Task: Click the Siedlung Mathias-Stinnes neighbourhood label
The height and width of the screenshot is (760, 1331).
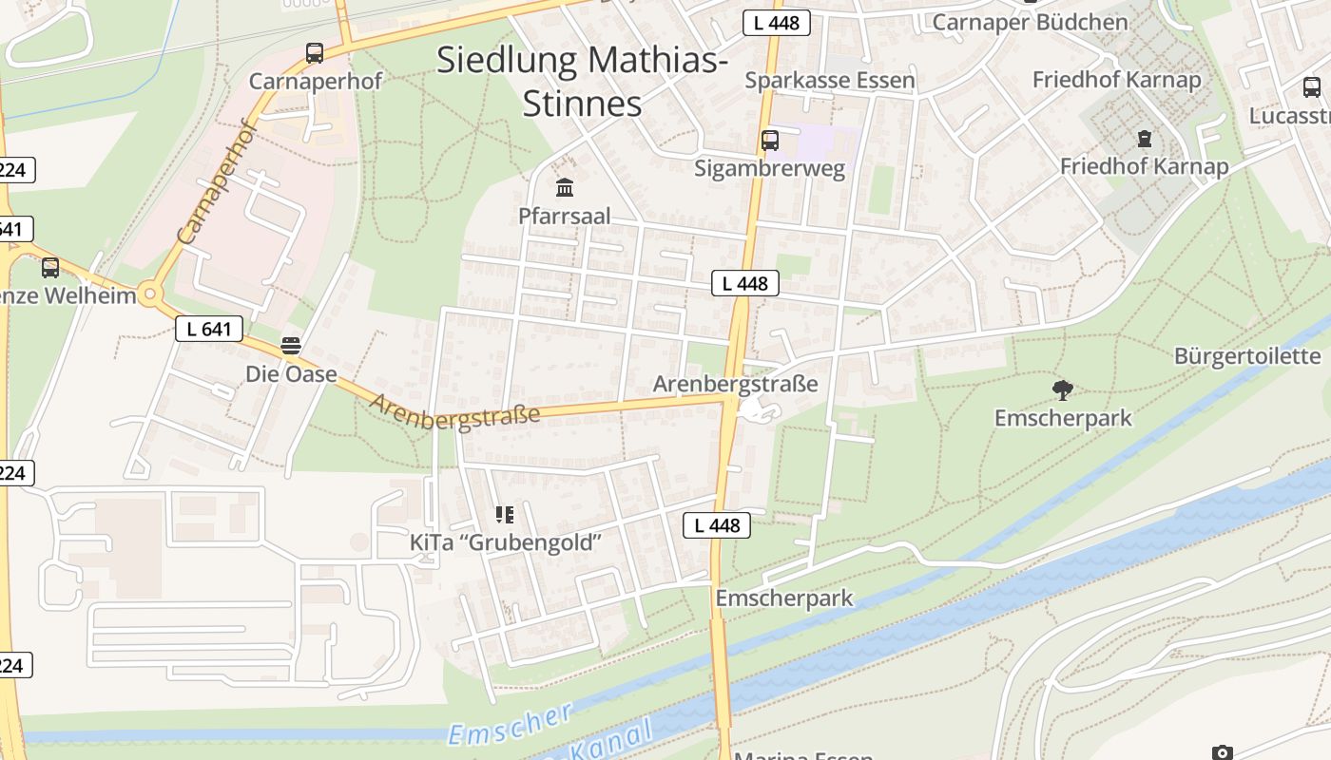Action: tap(582, 81)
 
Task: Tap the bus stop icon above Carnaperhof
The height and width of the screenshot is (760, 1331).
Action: tap(315, 53)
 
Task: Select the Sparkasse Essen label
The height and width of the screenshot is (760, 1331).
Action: tap(830, 80)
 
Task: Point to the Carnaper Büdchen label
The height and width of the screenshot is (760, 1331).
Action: tap(1031, 21)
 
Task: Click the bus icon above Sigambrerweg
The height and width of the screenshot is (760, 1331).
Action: tap(770, 141)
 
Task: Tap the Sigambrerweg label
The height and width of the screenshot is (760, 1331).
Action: tap(770, 168)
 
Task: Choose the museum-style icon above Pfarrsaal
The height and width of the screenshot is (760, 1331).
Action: tap(565, 186)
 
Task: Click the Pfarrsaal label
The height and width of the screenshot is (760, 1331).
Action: tap(565, 216)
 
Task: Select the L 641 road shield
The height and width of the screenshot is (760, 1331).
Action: tap(209, 330)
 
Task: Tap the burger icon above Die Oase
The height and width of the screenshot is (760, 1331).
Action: tap(291, 345)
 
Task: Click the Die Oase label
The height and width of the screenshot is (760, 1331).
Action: tap(291, 373)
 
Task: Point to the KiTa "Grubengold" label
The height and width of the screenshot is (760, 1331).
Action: tap(506, 542)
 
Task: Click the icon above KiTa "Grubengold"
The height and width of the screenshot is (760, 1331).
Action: tap(505, 515)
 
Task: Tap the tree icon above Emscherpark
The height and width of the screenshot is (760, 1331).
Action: tap(1063, 389)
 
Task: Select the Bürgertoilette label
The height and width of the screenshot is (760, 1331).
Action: tap(1247, 356)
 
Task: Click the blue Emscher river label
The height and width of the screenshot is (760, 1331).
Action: tap(510, 723)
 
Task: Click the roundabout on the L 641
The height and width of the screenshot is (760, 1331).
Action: tap(149, 294)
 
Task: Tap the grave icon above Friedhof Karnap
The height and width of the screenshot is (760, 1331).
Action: tap(1144, 139)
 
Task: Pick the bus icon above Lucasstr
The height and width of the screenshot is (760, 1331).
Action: tap(1312, 87)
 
